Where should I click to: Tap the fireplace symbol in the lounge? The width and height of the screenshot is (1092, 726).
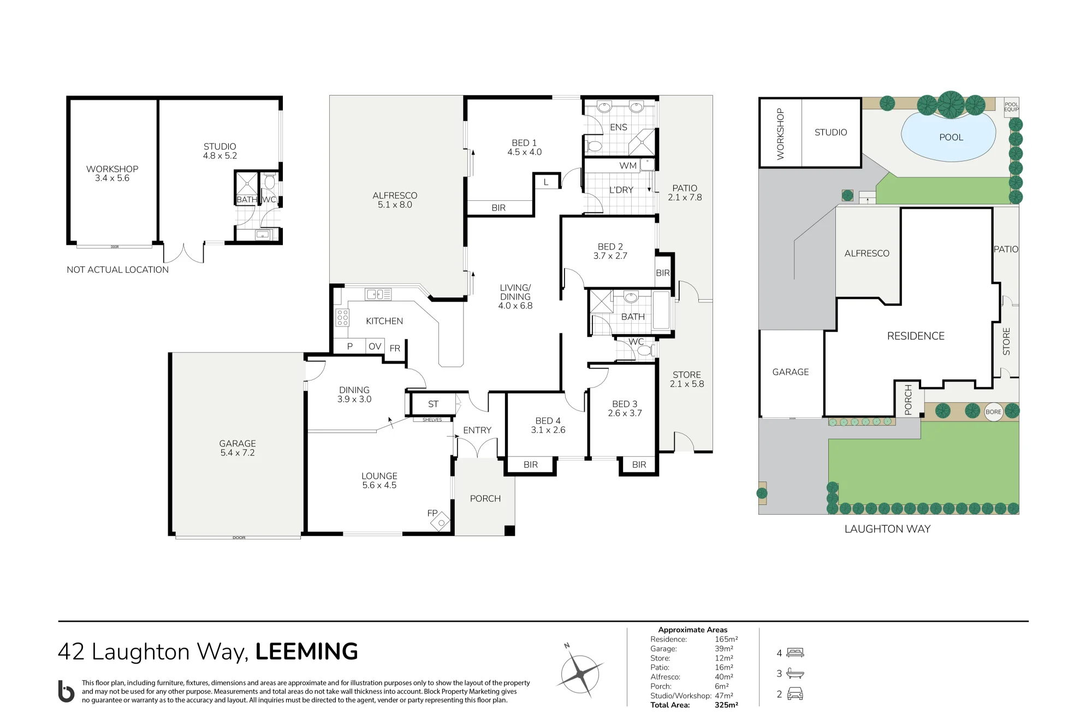point(441,522)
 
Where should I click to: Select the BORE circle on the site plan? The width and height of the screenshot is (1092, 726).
point(993,412)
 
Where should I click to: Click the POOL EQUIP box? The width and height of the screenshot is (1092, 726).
point(1011,107)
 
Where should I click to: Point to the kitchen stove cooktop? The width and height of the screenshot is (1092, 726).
point(342,317)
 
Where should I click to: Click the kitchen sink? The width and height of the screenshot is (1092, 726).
point(378,295)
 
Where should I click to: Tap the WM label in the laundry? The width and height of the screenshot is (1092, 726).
point(628,165)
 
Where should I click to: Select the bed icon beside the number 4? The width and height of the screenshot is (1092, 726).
point(795,652)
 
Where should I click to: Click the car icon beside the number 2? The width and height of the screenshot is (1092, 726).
point(795,694)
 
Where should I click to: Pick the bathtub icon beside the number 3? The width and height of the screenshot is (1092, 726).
point(795,673)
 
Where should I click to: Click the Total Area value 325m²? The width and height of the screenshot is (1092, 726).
point(726,705)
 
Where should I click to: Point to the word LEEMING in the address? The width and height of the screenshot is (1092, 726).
point(306,651)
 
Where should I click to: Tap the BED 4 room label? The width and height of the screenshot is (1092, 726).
point(548,425)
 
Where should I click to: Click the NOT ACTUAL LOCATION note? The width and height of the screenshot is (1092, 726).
point(117,270)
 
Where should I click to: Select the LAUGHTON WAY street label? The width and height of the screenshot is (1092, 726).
point(887,529)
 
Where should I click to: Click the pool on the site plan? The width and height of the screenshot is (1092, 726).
point(949,137)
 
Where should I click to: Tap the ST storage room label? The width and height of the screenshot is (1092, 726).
point(433,404)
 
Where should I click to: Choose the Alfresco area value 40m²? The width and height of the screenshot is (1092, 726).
point(724,677)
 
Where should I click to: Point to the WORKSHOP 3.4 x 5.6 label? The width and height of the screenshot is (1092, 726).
point(112,174)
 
